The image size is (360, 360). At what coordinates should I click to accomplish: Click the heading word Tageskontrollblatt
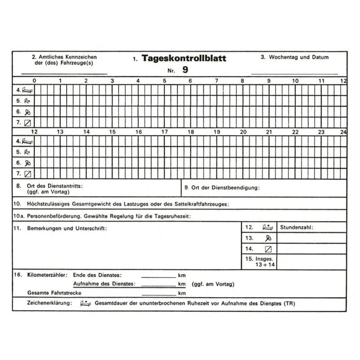(x=183, y=59)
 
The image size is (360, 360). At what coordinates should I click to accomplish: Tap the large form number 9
(x=185, y=69)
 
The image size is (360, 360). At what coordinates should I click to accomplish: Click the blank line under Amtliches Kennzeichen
(x=64, y=73)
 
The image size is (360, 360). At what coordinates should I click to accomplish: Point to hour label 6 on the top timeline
(x=190, y=81)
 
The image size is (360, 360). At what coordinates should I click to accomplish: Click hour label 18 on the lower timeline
(x=190, y=131)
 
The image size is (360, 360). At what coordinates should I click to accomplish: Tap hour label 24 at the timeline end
(x=343, y=131)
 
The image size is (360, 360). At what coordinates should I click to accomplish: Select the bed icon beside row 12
(x=268, y=227)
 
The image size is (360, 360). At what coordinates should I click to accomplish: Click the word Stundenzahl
(x=296, y=227)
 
